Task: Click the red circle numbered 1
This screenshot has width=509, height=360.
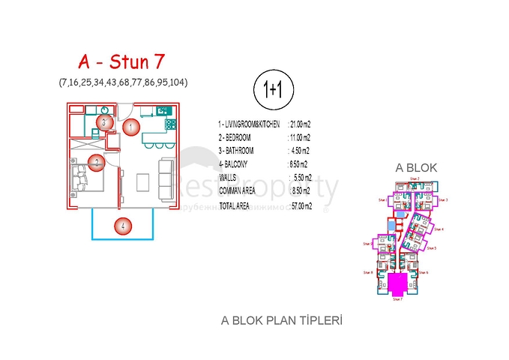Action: tap(130, 127)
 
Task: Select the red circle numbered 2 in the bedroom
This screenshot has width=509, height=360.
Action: tap(97, 160)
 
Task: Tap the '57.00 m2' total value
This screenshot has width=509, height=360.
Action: tap(304, 204)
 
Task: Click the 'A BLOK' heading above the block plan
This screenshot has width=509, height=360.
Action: tap(416, 168)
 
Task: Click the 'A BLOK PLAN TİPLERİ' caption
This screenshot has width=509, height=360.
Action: tap(281, 320)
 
